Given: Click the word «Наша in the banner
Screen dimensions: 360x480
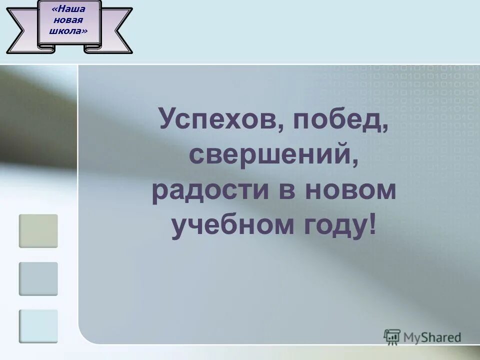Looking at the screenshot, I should (70, 8).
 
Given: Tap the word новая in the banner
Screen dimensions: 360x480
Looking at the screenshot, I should (69, 20).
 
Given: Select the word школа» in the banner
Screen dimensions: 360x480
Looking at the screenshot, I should (69, 31).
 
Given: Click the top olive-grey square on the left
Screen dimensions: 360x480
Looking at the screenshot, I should (38, 231).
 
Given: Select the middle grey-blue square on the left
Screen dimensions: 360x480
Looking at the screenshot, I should (38, 278).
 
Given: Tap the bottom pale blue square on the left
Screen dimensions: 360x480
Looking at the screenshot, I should (38, 326).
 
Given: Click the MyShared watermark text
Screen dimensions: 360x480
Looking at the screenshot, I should (432, 337).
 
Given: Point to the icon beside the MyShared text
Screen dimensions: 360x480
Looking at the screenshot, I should (392, 337).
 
